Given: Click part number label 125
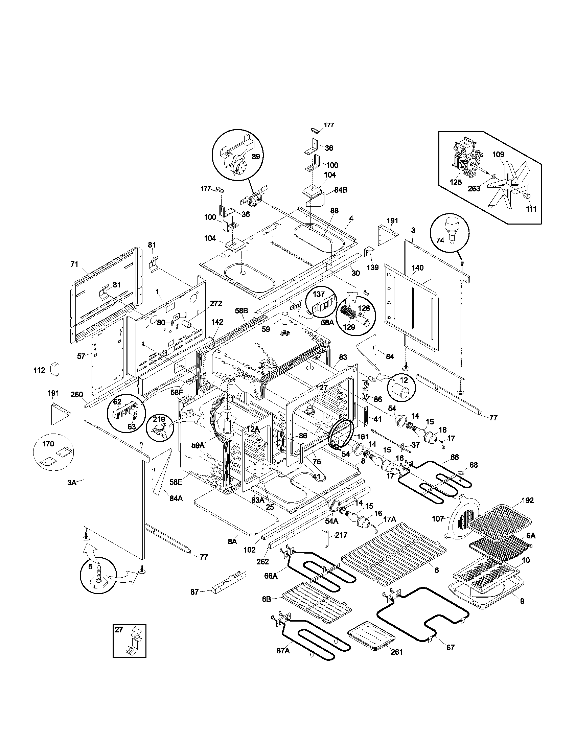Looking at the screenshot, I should point(456,182).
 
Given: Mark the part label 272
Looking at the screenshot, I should point(216,304).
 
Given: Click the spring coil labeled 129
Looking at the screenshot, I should point(347,312).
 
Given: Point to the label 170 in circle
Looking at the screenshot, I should point(48,444).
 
